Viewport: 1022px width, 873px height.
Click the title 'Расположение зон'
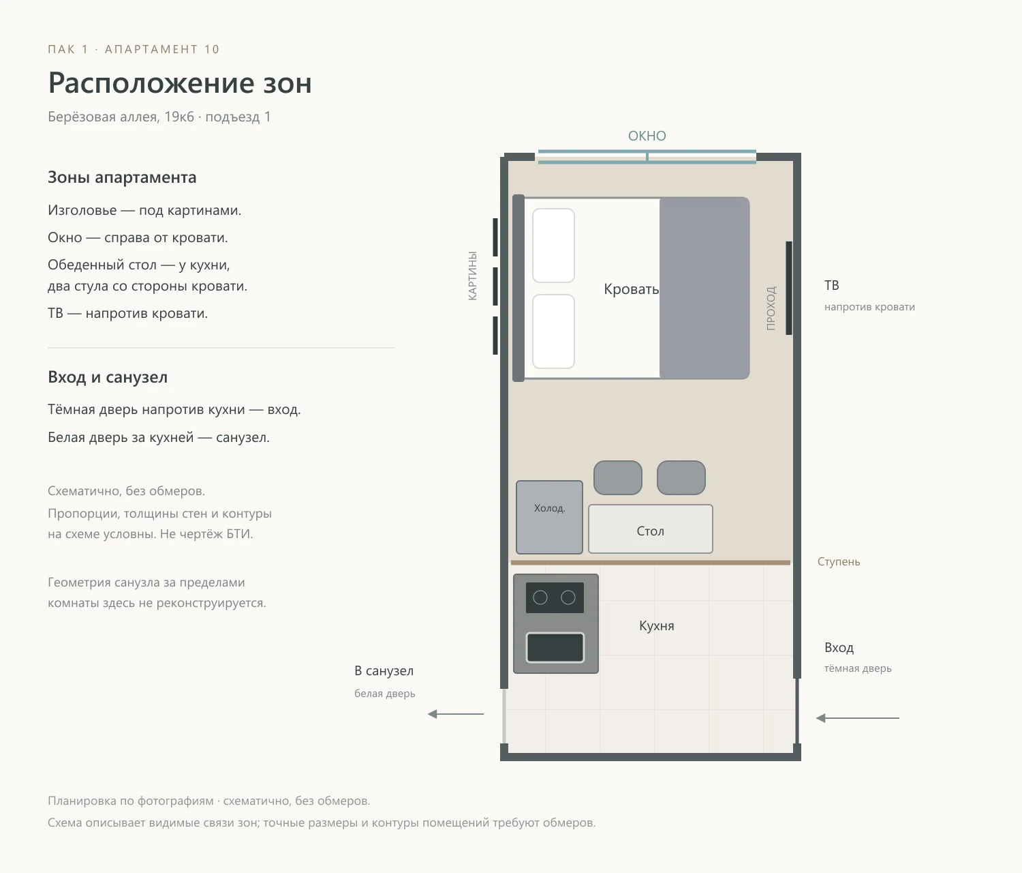click(180, 83)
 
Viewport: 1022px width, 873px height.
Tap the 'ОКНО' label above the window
click(647, 136)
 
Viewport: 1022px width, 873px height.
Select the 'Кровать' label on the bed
click(632, 289)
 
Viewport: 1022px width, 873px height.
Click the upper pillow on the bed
click(553, 246)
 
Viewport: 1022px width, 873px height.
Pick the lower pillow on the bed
click(553, 331)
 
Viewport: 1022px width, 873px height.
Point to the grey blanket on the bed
click(704, 288)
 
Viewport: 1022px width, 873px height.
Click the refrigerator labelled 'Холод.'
click(549, 517)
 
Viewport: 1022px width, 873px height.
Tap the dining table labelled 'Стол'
click(650, 529)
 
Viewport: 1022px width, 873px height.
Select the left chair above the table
click(617, 477)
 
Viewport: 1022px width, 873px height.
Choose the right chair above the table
click(681, 477)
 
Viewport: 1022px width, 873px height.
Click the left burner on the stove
click(540, 598)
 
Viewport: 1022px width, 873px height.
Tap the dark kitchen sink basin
click(555, 647)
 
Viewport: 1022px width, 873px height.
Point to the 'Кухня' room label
click(657, 625)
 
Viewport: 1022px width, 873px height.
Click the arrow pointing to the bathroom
click(455, 714)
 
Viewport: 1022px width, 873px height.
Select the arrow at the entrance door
click(857, 718)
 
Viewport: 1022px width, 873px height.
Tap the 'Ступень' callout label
click(839, 562)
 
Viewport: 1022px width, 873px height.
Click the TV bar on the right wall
click(788, 288)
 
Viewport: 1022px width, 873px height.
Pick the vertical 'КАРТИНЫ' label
click(473, 276)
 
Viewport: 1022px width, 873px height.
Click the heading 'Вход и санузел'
click(108, 377)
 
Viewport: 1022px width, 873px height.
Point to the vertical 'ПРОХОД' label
click(771, 308)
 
